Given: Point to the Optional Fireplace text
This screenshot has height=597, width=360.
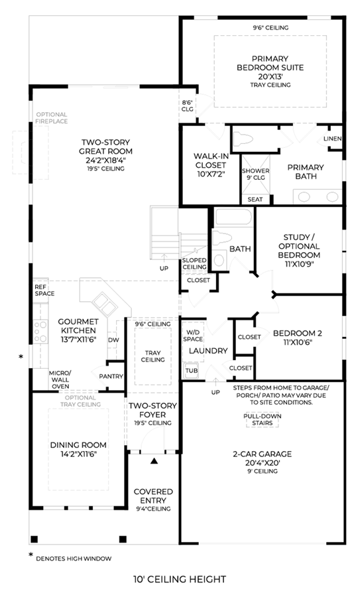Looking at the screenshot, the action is click(x=52, y=117).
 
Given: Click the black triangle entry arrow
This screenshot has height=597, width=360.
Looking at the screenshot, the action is click(x=154, y=461).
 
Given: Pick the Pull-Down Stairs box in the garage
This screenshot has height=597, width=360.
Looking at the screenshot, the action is click(x=262, y=419).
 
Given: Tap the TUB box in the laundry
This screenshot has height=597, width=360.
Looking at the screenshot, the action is click(x=192, y=370).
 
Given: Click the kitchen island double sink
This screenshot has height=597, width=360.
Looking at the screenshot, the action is click(x=105, y=302).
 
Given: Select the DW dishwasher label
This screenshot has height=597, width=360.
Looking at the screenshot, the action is click(x=113, y=340).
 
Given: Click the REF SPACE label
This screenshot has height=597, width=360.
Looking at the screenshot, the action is click(x=44, y=290).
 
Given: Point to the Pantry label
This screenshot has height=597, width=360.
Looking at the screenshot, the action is click(x=111, y=376).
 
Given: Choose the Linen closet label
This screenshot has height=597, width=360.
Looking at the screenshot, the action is click(x=333, y=139).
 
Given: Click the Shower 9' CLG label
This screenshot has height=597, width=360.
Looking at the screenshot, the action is click(x=256, y=174).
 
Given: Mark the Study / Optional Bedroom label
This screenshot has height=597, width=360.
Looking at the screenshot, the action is click(x=299, y=246).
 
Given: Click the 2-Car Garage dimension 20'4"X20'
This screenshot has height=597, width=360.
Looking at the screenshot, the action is click(x=263, y=463).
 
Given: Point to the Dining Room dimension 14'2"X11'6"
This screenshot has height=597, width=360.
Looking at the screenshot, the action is click(x=78, y=454).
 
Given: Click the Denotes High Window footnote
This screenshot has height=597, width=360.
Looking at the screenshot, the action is click(x=74, y=559).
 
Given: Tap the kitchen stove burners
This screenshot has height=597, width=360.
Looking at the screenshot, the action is click(x=40, y=332).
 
